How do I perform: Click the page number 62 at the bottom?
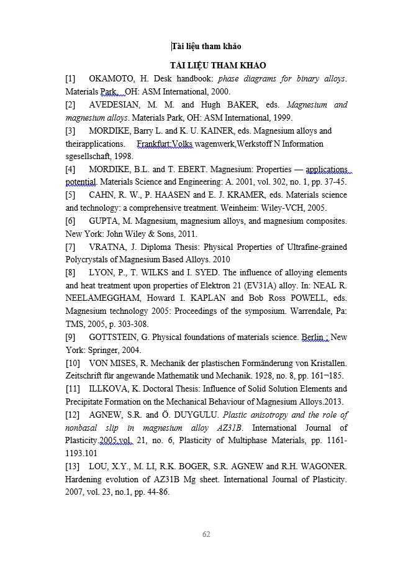(x=207, y=534)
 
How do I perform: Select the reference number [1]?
(x=70, y=79)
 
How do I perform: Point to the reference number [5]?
(x=70, y=195)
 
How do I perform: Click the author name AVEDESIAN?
(x=115, y=104)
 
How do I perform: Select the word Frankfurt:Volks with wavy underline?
(x=165, y=144)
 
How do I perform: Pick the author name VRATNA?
(x=106, y=247)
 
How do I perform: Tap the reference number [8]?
(x=70, y=272)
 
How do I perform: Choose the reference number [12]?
(x=73, y=415)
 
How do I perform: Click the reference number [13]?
(x=73, y=466)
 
